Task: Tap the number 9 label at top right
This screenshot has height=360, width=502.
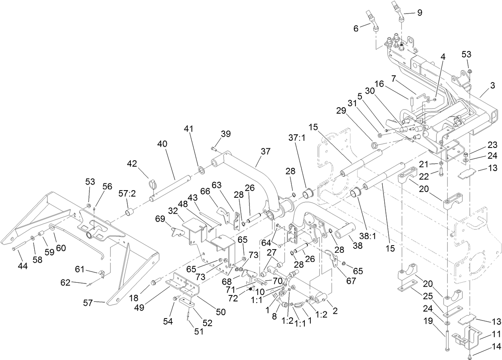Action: (x=419, y=13)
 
